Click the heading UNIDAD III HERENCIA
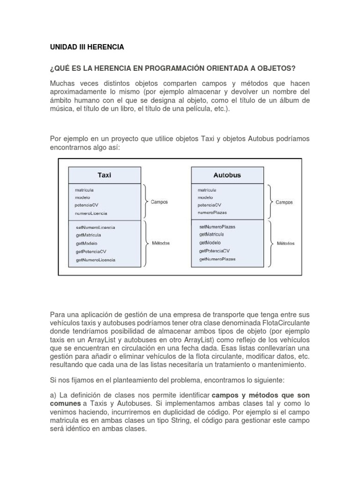coord(87,47)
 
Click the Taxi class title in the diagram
coord(104,175)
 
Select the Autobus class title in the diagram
coord(227,175)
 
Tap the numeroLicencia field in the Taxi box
coord(90,213)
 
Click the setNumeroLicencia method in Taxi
coord(95,227)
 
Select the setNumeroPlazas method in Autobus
coord(217,226)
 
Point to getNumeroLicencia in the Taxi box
coord(95,259)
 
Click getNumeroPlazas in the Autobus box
coord(217,259)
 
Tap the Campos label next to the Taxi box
coord(159,202)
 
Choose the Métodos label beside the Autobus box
coord(286,243)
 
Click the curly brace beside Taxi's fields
coord(146,202)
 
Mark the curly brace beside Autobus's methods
coord(269,243)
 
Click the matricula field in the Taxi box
coord(84,190)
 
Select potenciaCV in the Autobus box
coord(210,205)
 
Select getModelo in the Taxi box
coord(86,243)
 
